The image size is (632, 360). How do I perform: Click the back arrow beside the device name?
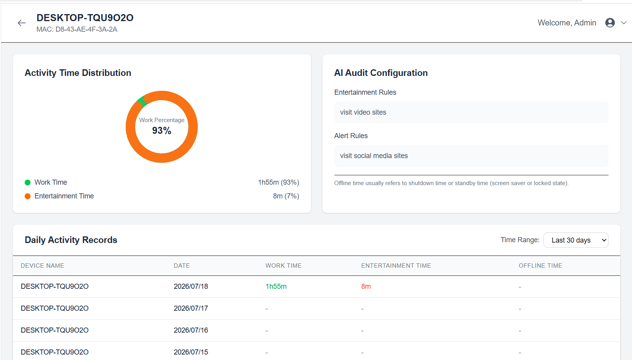tap(22, 23)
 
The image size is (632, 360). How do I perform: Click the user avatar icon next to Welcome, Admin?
tap(610, 23)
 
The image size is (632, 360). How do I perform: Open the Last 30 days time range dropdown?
tap(576, 240)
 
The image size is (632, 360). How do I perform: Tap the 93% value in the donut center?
tap(162, 131)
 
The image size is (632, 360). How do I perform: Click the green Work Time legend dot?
tap(28, 182)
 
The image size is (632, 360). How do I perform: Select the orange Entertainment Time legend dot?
tap(28, 196)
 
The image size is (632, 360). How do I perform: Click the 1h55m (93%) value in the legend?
tap(278, 182)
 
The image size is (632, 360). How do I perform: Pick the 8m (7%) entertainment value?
tap(286, 196)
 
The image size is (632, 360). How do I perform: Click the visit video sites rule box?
tap(471, 112)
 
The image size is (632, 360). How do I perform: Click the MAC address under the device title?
tap(77, 29)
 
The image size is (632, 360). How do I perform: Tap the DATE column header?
tap(182, 266)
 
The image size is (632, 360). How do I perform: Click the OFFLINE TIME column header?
tap(540, 266)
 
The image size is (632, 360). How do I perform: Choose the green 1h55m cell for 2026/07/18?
tap(276, 286)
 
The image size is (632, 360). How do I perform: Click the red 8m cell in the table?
tap(366, 286)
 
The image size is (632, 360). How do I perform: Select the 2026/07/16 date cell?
tap(191, 330)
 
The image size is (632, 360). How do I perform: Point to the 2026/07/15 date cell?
tap(191, 352)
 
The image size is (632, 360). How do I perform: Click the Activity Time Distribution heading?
tap(78, 73)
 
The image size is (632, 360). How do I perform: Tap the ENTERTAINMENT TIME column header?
tap(396, 266)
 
